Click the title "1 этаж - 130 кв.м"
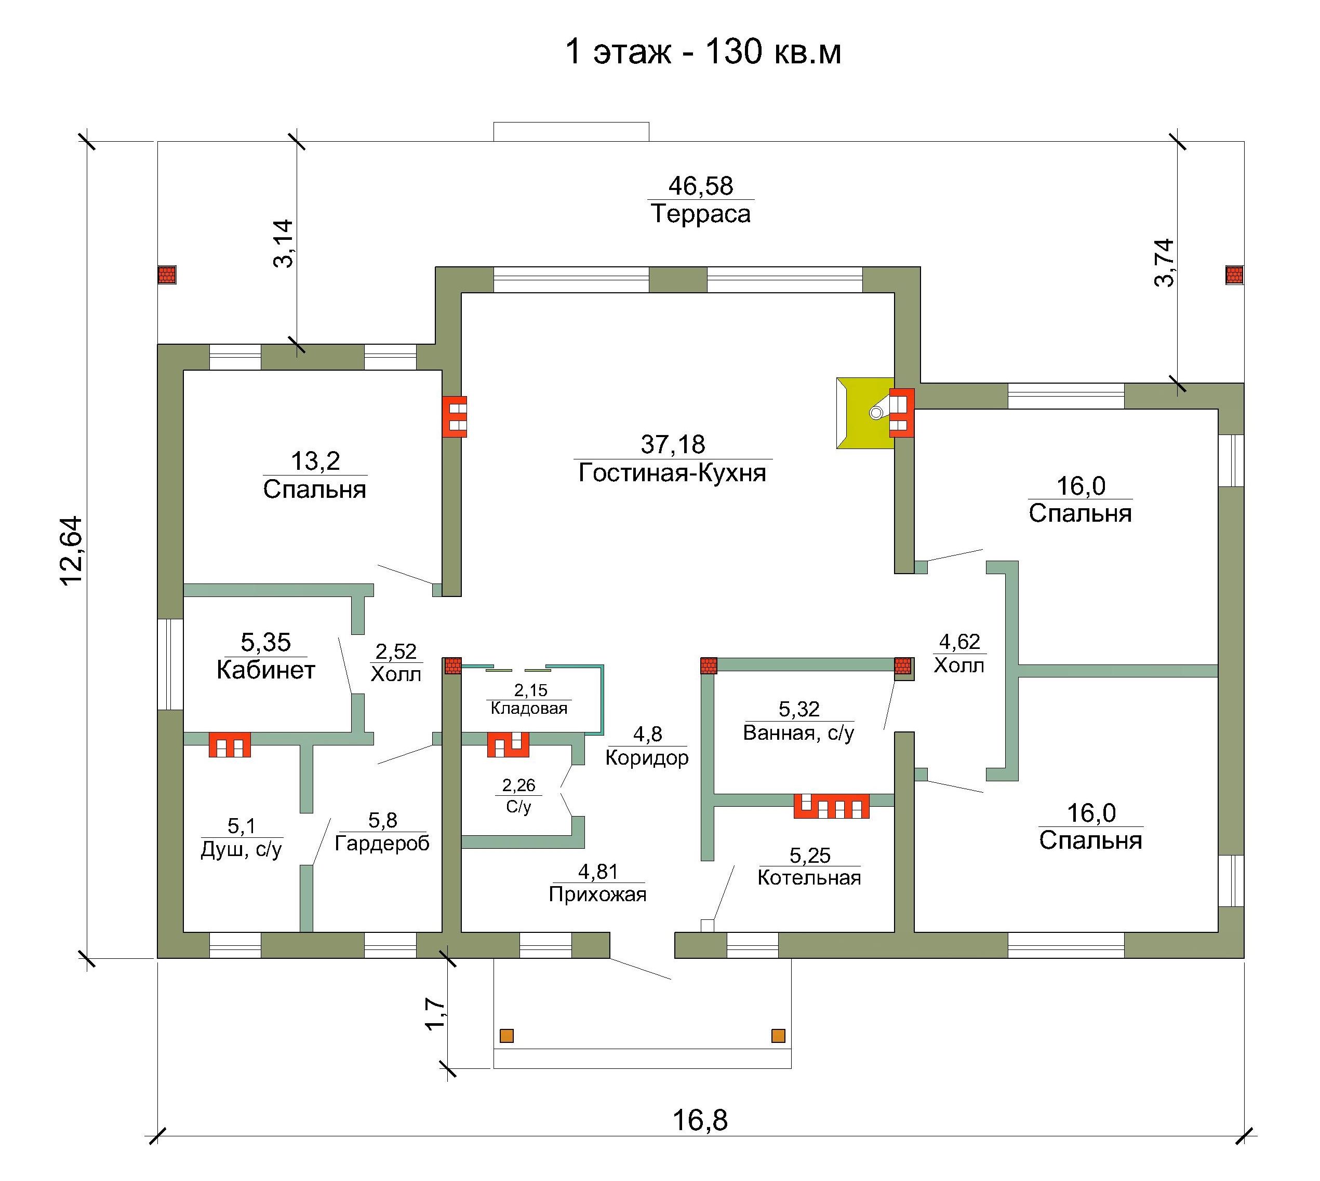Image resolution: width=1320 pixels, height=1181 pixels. coord(703,52)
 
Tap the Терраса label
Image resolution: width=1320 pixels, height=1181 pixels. coord(701,213)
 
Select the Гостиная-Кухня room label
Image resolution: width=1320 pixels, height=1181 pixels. coord(672,473)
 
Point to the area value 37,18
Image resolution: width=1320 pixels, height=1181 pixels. coord(673,444)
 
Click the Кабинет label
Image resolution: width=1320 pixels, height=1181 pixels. coord(265,670)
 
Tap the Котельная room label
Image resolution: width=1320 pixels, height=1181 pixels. coord(809,878)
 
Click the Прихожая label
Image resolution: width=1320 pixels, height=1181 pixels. coord(597,895)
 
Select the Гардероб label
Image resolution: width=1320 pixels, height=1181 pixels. coord(382,844)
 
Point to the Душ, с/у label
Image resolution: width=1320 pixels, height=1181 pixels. coord(242,849)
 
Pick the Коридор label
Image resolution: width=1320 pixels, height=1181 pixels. coord(647,758)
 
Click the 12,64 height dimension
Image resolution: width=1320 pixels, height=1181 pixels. coord(71,550)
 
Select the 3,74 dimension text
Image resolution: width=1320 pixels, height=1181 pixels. coord(1164,263)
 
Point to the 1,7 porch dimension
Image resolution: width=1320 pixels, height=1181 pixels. coord(436,1013)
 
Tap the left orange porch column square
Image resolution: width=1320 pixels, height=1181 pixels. coord(506,1036)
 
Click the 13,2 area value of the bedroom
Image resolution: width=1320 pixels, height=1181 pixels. coord(315,461)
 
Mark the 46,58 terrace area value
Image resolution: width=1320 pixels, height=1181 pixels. coord(701,186)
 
